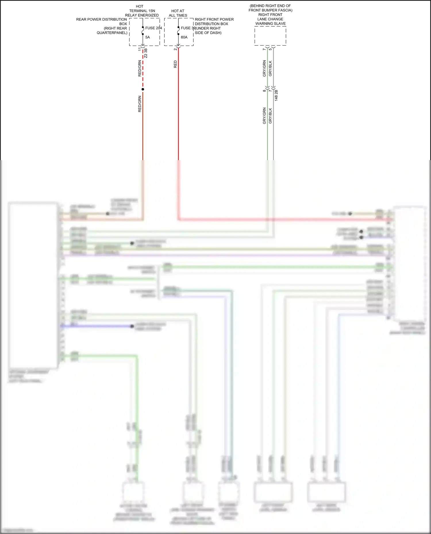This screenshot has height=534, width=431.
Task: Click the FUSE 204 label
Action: [x=153, y=28]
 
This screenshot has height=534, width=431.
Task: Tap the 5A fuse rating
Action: [x=147, y=37]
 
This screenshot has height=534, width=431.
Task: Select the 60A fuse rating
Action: [x=184, y=37]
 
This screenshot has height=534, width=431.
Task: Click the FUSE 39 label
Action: [x=188, y=28]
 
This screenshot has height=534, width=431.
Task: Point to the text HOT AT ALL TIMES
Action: [x=178, y=13]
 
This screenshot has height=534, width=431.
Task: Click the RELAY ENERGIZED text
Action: [x=142, y=15]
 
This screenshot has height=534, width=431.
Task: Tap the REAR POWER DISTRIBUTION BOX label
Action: [x=101, y=22]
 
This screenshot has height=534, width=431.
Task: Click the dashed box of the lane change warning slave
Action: [x=270, y=36]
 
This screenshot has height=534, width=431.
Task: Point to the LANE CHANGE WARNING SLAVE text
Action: [x=270, y=21]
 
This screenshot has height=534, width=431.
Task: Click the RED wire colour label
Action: [x=175, y=64]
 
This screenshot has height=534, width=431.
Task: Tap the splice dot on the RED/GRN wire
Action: [x=143, y=89]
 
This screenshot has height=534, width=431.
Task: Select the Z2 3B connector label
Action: [x=146, y=53]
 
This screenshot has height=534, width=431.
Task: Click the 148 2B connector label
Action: [x=276, y=95]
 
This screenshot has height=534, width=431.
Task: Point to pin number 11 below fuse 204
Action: [x=140, y=49]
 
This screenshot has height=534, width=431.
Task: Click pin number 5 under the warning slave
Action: [x=270, y=49]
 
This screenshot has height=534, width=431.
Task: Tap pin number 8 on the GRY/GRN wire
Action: [x=264, y=91]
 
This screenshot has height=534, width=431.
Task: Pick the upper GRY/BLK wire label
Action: [x=270, y=68]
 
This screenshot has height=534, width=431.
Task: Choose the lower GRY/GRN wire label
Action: [x=264, y=116]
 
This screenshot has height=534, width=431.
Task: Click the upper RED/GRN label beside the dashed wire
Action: [x=140, y=68]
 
